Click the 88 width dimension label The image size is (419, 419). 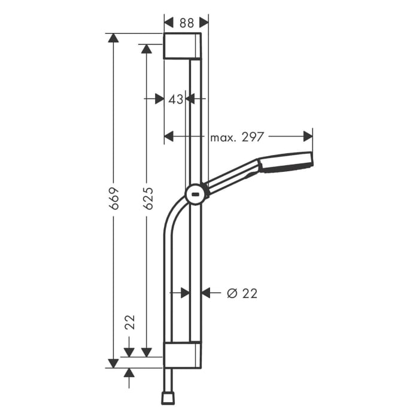coord(187,23)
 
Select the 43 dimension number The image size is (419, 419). coord(175,99)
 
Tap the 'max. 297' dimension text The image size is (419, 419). coord(237,137)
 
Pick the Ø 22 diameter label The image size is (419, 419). coord(242,293)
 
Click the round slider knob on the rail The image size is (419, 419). coord(196,194)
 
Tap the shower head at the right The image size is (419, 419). coord(286,163)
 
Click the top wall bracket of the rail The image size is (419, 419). coord(183,47)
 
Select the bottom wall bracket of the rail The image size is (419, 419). coord(183,356)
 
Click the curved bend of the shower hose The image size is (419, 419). coord(174,212)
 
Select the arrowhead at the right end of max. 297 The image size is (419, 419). coord(308,137)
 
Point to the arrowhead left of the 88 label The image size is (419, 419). coord(168,23)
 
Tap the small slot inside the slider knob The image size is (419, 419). coord(196,195)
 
